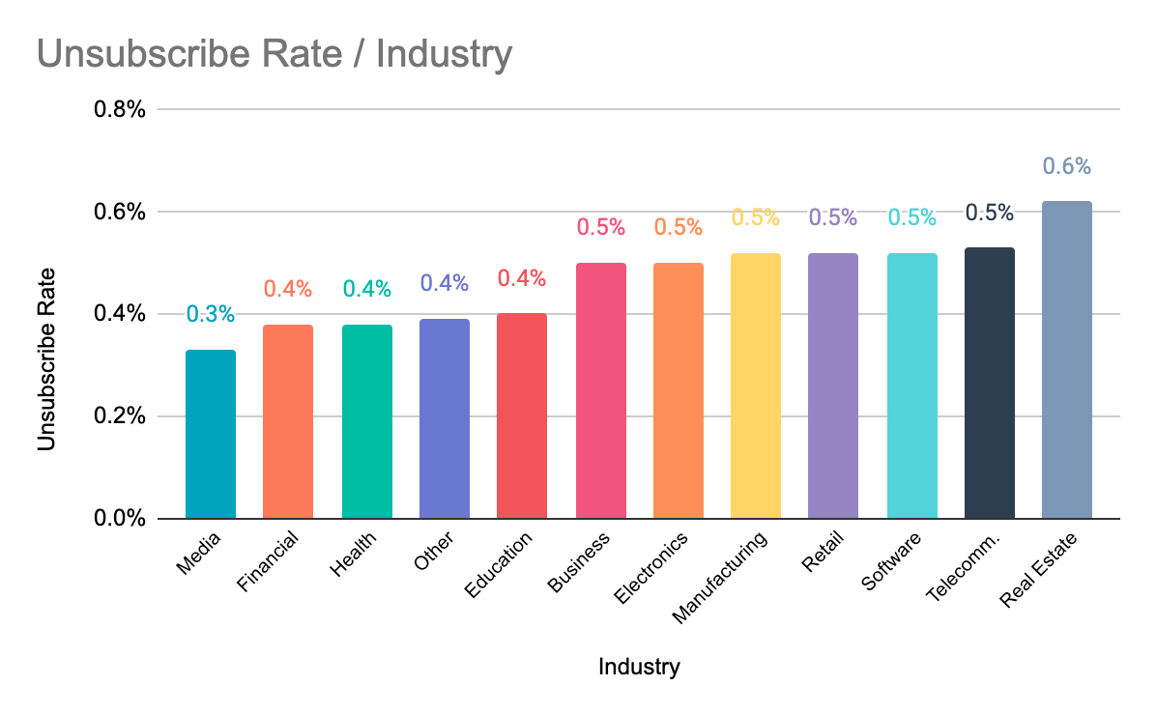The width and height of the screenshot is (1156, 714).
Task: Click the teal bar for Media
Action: click(211, 434)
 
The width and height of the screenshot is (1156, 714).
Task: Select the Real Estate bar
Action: click(1067, 359)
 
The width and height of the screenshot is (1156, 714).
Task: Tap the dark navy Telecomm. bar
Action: click(989, 383)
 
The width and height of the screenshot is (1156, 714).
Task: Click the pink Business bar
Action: click(600, 390)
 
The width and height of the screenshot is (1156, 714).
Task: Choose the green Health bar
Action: click(366, 421)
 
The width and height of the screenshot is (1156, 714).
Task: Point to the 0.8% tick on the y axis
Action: click(119, 109)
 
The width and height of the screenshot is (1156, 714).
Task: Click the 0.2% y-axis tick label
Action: click(119, 416)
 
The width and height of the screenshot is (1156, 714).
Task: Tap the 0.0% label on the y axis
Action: click(119, 519)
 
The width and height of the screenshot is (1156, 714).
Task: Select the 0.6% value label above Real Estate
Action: click(1067, 166)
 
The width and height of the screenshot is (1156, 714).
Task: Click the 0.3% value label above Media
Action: click(211, 314)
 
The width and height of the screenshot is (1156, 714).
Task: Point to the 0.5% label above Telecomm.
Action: click(989, 213)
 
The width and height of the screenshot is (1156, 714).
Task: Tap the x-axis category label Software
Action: click(891, 563)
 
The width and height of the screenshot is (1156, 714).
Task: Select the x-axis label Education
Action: click(499, 565)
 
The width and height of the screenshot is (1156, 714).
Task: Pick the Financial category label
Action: click(266, 564)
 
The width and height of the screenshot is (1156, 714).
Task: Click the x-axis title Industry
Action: click(639, 667)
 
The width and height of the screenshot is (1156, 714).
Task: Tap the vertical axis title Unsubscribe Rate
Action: click(45, 358)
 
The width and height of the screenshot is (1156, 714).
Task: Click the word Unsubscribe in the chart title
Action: click(130, 54)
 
